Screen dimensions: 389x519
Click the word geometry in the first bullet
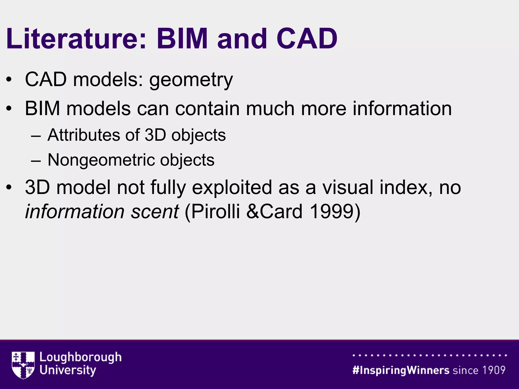click(x=191, y=80)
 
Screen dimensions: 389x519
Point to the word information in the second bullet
click(x=402, y=109)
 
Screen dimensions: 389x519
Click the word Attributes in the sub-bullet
click(x=84, y=135)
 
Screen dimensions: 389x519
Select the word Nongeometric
click(x=101, y=160)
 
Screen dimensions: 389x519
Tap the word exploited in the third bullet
click(x=232, y=187)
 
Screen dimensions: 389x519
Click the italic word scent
click(x=155, y=211)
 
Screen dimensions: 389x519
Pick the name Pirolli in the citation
click(x=215, y=211)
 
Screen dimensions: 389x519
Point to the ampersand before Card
click(x=252, y=211)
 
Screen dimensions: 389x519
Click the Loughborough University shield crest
click(x=23, y=365)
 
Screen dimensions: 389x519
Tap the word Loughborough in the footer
click(x=80, y=358)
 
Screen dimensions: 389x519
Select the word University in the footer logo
click(x=68, y=370)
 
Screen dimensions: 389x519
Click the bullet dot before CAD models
click(x=9, y=80)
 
